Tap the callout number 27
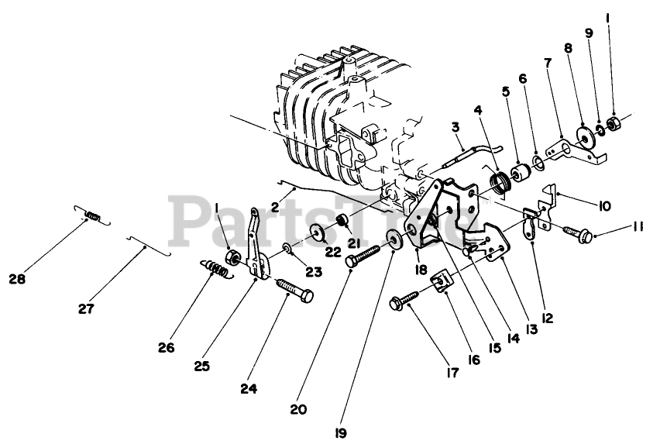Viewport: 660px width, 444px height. (x=85, y=308)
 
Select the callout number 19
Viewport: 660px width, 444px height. (x=339, y=433)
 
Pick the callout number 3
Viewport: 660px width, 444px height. (x=455, y=126)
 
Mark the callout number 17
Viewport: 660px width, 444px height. (x=452, y=373)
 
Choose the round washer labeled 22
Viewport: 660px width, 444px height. (x=317, y=232)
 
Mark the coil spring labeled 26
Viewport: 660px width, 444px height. (x=218, y=270)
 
